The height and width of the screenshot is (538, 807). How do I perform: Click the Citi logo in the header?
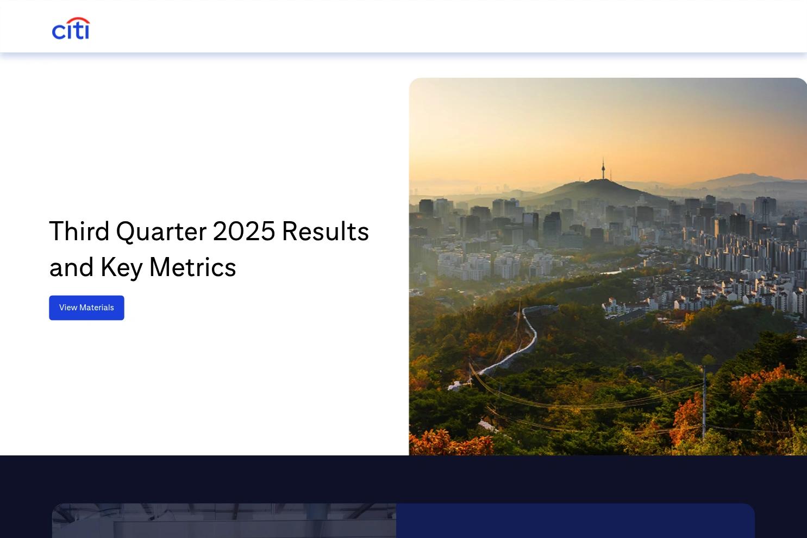tap(71, 28)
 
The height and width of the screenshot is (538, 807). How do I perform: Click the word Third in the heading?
tap(79, 231)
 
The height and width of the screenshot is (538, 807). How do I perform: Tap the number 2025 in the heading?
tap(244, 231)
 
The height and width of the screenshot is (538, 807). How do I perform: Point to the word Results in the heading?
tap(326, 231)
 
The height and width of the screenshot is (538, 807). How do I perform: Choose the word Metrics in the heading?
tap(193, 267)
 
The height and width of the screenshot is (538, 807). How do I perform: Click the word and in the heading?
tap(71, 267)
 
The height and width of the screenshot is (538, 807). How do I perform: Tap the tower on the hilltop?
tap(603, 168)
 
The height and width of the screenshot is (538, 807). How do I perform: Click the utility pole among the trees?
tap(704, 402)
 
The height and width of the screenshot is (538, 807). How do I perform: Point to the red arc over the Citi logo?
tap(79, 20)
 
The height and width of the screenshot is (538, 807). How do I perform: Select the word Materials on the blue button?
tap(97, 308)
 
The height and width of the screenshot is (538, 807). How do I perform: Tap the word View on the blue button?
tap(68, 308)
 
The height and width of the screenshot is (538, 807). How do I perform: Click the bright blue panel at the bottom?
tap(575, 521)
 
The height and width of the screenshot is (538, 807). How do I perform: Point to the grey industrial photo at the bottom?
tap(224, 521)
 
